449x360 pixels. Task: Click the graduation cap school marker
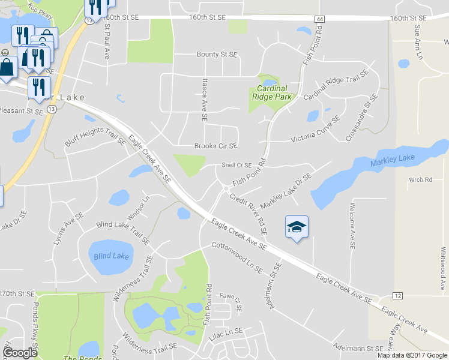pos(297,227)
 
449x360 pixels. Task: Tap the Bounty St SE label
pos(217,55)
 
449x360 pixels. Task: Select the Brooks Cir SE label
pos(215,146)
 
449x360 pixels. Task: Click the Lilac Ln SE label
pos(226,331)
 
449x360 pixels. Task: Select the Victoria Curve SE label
pos(315,130)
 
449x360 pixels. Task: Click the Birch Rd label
pos(420,179)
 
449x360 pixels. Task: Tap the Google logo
pos(20,353)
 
